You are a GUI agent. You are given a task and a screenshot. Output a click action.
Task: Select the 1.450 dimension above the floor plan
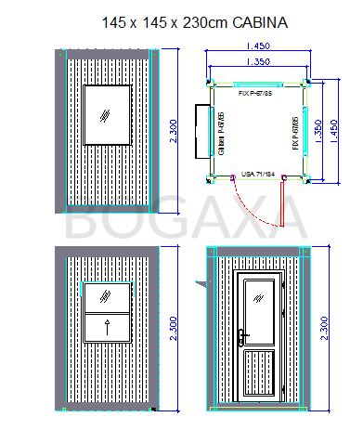258,46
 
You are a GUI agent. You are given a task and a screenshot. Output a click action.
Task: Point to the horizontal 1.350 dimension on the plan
258,62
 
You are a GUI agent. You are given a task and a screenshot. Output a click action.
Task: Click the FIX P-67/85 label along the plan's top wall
255,93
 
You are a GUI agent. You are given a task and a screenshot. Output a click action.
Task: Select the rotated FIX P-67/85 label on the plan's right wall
295,133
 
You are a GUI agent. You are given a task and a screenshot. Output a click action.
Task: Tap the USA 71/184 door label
259,174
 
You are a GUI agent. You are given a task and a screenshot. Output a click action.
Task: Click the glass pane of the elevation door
260,306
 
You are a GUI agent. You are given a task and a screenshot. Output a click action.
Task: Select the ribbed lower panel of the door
260,373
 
